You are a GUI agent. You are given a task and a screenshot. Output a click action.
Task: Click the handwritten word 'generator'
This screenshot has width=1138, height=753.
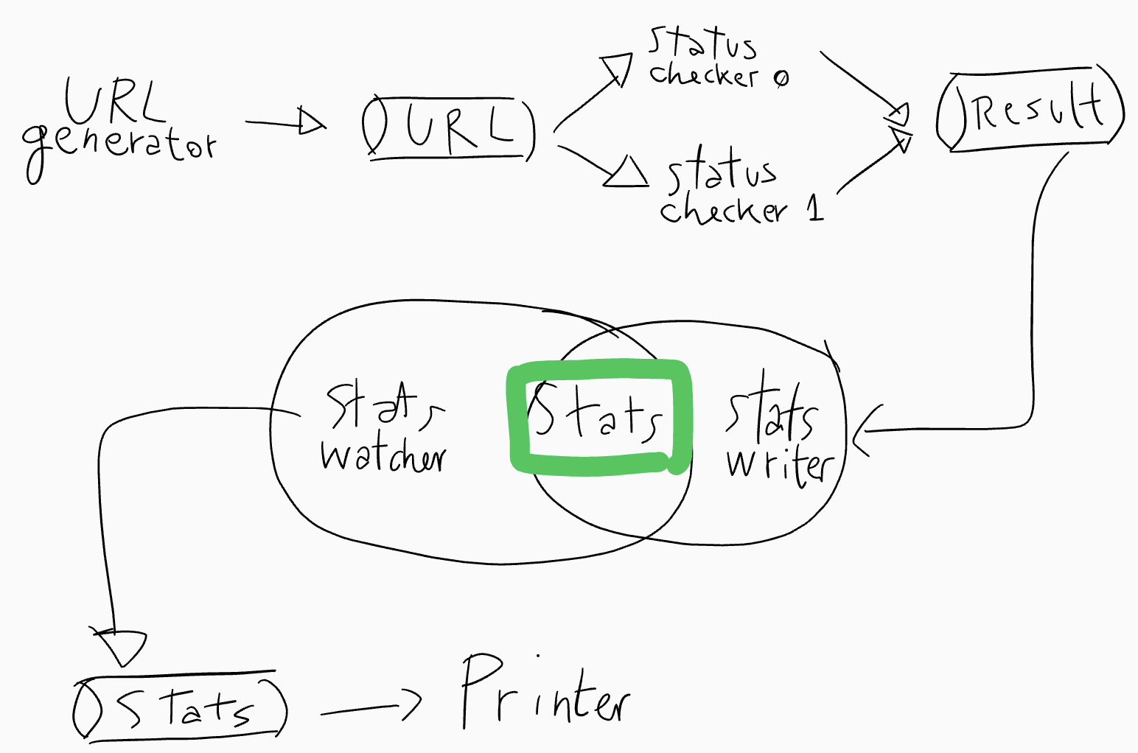118,147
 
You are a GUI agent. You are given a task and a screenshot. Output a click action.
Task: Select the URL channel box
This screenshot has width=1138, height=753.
449,127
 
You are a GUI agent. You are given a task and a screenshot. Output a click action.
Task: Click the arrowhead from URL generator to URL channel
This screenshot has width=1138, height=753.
311,122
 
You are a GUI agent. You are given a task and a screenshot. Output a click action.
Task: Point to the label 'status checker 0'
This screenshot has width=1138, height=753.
715,59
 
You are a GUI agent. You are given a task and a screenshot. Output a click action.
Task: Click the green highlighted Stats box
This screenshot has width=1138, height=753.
599,417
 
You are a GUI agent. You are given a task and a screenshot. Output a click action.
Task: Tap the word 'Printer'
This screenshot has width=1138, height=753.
545,693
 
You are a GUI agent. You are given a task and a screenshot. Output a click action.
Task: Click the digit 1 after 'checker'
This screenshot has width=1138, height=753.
814,208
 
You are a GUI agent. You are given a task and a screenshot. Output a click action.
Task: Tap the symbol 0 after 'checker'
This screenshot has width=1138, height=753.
781,77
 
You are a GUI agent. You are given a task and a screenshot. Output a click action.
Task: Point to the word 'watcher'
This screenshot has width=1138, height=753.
383,457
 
